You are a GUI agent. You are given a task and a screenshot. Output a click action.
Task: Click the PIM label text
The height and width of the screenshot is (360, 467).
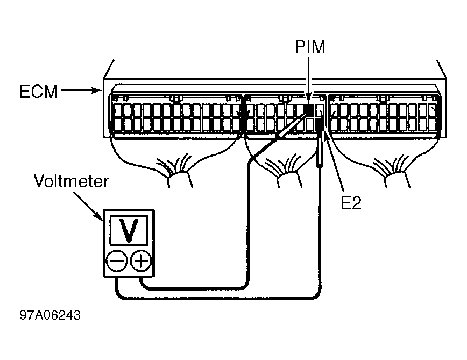pos(310,47)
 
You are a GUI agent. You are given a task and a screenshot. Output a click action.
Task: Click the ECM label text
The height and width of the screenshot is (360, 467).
pos(39,91)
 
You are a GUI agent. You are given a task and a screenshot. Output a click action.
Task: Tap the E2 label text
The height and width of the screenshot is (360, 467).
pos(351,203)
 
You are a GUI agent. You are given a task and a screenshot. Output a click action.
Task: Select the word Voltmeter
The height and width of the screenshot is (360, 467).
pos(72,181)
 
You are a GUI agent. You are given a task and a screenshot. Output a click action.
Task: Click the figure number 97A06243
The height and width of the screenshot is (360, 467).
pos(50,315)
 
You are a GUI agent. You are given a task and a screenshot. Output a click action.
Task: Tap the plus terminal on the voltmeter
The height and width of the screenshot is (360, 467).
pos(141,261)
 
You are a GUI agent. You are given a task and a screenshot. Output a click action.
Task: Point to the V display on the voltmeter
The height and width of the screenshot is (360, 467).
pos(129,230)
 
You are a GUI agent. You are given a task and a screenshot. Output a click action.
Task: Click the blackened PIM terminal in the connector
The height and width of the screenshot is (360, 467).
pos(310,110)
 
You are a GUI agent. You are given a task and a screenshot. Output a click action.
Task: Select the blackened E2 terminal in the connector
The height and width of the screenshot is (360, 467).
pos(320,124)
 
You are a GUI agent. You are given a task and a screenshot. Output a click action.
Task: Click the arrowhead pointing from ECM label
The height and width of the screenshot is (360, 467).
pos(97,90)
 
